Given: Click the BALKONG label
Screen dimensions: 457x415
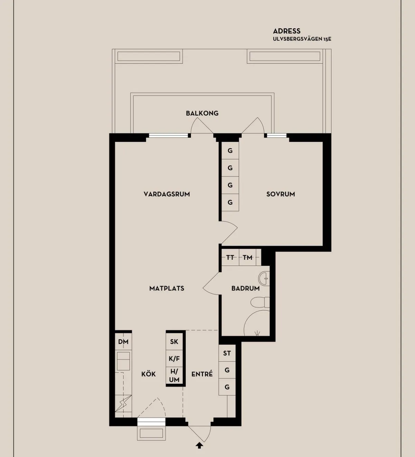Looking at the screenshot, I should (202, 113).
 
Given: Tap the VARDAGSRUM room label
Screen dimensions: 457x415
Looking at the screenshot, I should (167, 194).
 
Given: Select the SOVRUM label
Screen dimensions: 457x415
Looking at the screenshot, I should (280, 194).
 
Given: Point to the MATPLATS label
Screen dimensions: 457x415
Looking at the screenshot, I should (167, 288).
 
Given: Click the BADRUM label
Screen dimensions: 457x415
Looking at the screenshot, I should (245, 288).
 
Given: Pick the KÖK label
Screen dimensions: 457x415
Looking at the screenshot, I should (148, 374).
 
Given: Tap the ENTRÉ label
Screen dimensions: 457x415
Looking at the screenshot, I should (202, 374).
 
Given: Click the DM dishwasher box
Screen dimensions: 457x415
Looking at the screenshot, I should (123, 342).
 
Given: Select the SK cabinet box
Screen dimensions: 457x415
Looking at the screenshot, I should (174, 342).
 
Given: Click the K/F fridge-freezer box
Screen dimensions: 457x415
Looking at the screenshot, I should (174, 359).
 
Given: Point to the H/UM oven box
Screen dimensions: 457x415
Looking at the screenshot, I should (174, 375).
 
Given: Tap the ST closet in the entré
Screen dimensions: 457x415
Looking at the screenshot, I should (227, 353).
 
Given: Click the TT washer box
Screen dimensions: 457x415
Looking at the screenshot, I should (230, 257).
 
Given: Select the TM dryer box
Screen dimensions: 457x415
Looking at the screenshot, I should (248, 257).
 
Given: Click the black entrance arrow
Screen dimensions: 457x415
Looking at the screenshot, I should (199, 446).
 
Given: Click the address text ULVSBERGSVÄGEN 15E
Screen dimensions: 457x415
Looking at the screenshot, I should (302, 39).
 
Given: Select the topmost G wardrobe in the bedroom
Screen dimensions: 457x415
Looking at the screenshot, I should (230, 151).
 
